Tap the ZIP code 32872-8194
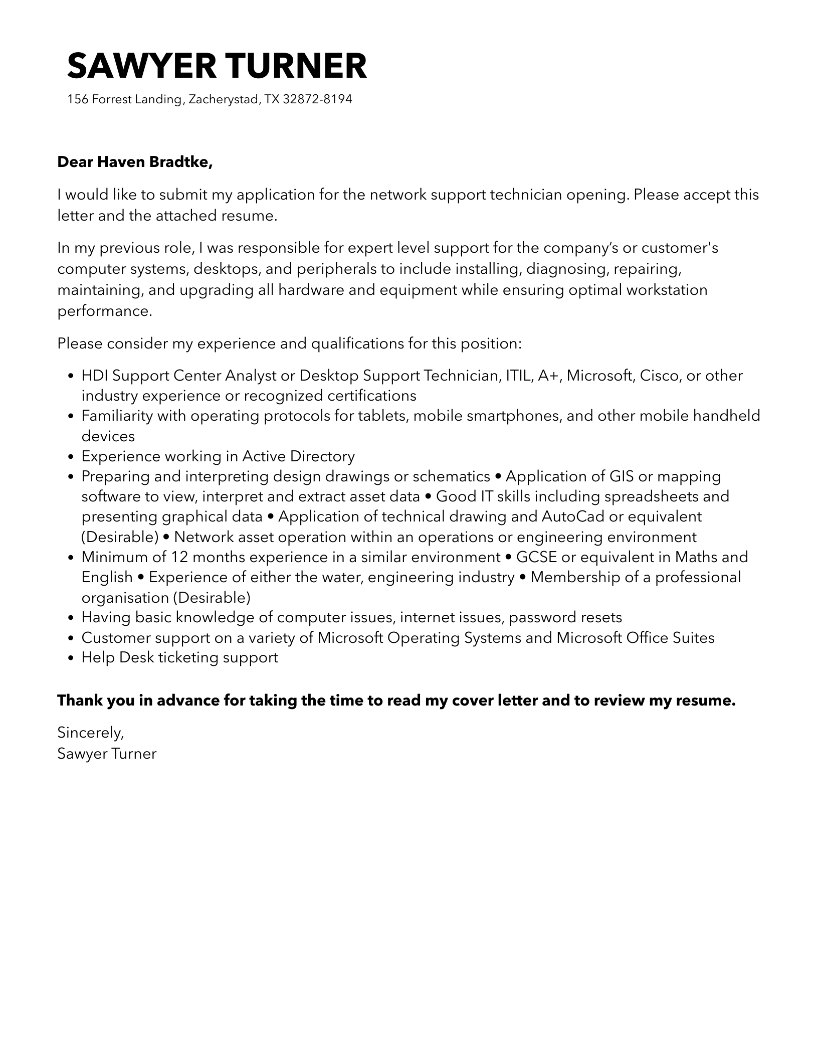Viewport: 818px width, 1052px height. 317,99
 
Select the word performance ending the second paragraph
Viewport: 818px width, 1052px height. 104,311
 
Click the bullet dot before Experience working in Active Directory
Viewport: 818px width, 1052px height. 71,457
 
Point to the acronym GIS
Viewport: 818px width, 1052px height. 621,476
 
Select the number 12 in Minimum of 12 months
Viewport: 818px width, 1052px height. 179,557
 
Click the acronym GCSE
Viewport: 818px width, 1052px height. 536,557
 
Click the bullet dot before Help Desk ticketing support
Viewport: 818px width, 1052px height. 71,658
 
